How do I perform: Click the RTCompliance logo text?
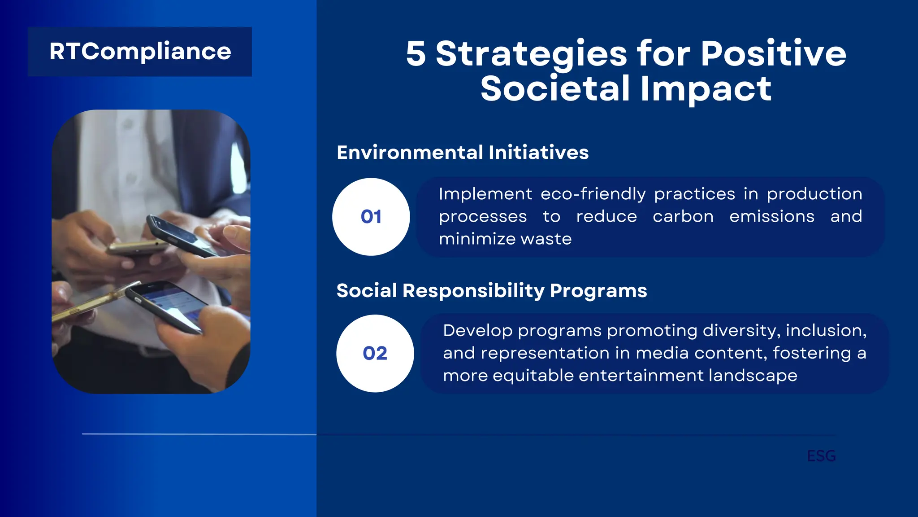pos(140,52)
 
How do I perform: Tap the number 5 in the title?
pos(416,54)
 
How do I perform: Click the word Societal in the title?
pos(555,89)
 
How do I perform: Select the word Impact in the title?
pos(706,89)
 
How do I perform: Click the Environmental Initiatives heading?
pos(463,153)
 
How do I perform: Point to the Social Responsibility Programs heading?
pos(492,291)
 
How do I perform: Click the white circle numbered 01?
pos(371,217)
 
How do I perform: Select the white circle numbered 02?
pos(375,353)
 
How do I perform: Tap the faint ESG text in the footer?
pos(821,456)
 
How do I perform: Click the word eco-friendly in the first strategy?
pos(593,194)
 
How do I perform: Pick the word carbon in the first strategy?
pos(683,216)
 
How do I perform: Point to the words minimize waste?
pos(505,239)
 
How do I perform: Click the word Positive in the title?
pos(773,54)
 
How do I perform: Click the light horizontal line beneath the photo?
pos(199,434)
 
